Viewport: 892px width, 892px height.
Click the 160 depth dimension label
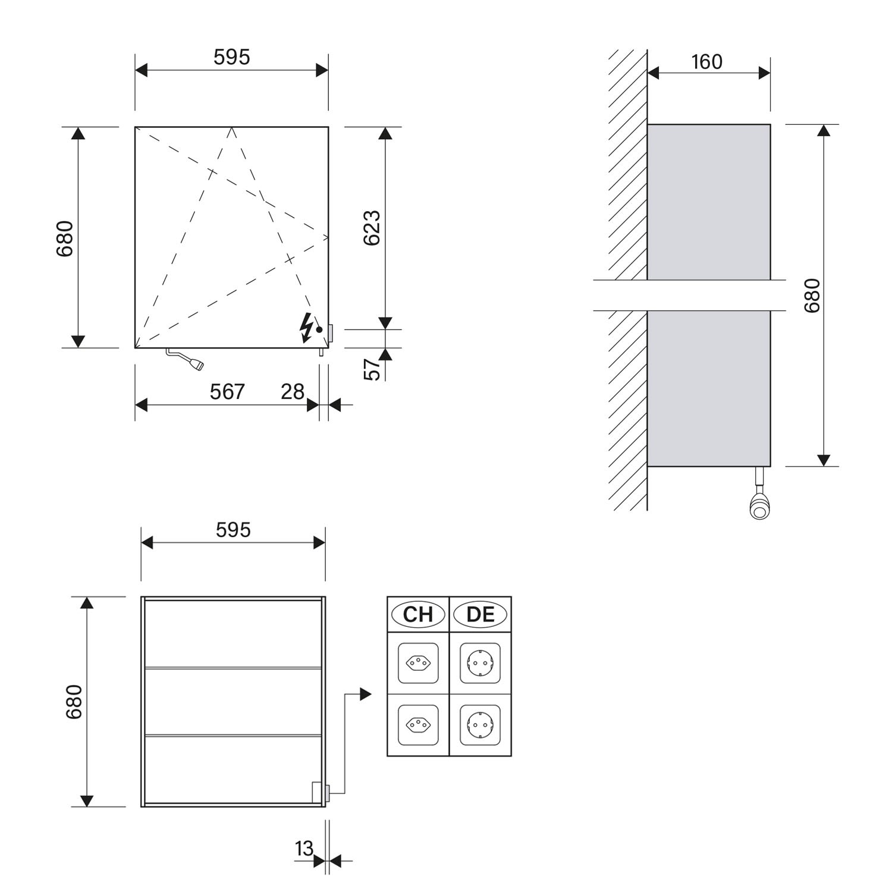[706, 61]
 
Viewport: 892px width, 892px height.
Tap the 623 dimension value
[372, 228]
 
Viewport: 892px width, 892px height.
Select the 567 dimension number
[227, 391]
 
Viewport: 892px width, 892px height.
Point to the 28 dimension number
[293, 391]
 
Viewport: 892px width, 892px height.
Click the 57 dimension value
[372, 369]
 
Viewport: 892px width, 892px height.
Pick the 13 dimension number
[304, 849]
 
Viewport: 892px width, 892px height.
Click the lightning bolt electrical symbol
[306, 328]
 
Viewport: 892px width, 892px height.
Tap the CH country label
[417, 614]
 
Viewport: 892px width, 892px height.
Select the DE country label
[480, 614]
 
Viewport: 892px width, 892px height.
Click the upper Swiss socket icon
[418, 662]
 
